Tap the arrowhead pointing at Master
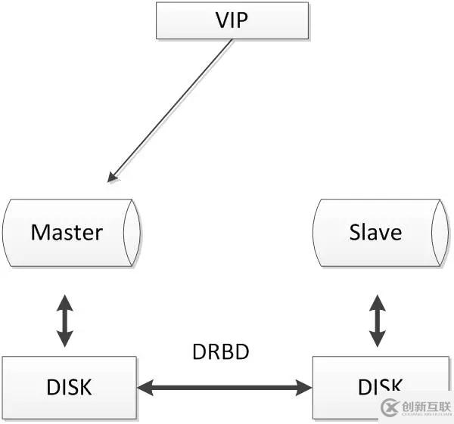click(112, 179)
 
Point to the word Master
click(66, 233)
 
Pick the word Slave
click(375, 233)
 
